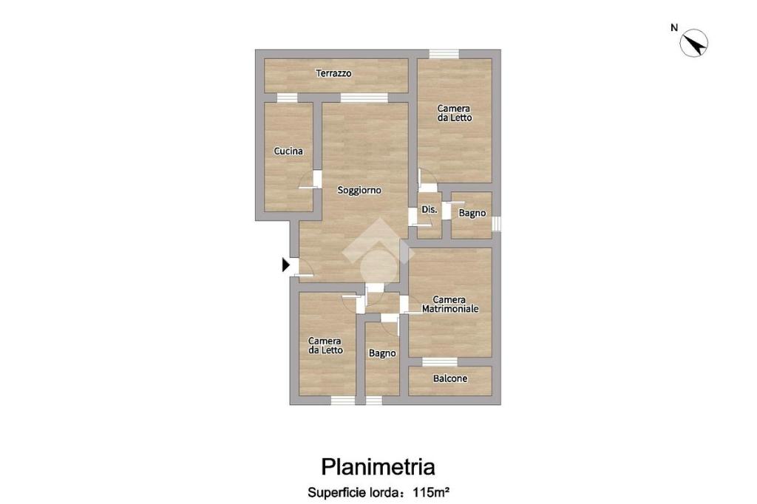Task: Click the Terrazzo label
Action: tap(333, 73)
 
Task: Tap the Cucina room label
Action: tap(289, 151)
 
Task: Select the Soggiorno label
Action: tap(359, 190)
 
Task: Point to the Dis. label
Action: tap(430, 210)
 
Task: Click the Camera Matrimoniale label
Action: tap(450, 304)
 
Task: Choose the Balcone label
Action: tap(450, 378)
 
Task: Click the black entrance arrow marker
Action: tap(286, 265)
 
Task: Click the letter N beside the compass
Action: tap(674, 28)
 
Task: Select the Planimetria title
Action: tap(378, 467)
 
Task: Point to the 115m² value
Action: tap(432, 493)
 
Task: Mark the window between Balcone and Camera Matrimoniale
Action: tap(440, 361)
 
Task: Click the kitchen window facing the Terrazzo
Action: tap(288, 98)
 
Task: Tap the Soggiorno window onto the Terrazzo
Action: tap(364, 98)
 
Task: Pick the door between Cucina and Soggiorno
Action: tap(317, 179)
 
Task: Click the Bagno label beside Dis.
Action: tap(472, 213)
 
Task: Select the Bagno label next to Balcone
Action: tap(382, 353)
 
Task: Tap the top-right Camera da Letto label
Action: tap(455, 113)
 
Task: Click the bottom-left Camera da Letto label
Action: tap(325, 346)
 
